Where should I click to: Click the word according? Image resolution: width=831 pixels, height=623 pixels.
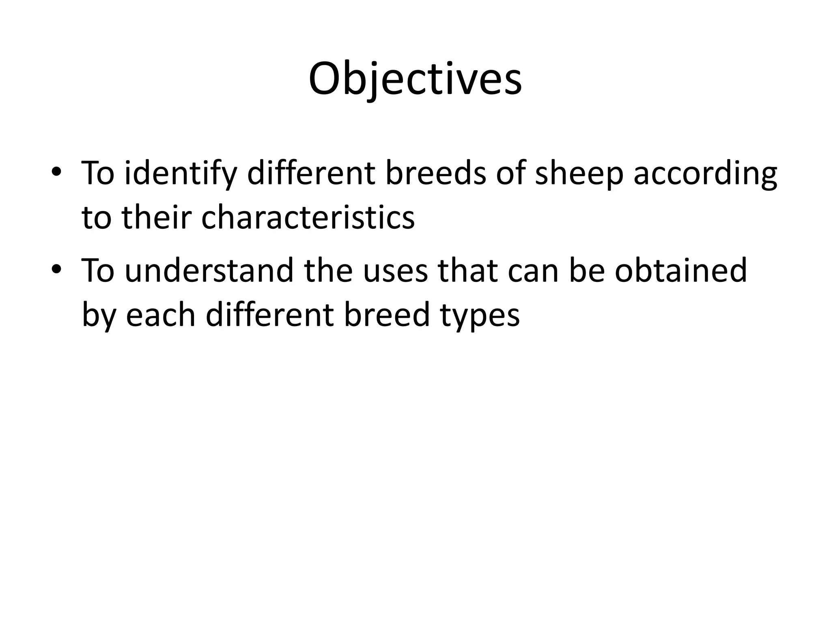(705, 173)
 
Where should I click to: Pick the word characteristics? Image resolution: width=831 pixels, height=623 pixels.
(308, 217)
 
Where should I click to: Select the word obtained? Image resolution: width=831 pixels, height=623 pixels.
(681, 271)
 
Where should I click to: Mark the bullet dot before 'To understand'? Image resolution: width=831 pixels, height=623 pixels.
(56, 269)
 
